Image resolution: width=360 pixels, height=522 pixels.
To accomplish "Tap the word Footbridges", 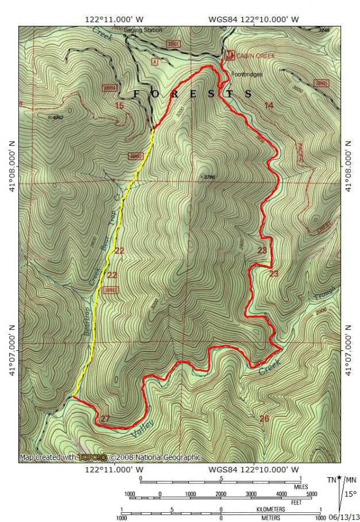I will (247, 75).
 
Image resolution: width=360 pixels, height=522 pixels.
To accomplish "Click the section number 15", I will (119, 105).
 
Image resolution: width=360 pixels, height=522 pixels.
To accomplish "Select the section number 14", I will (269, 105).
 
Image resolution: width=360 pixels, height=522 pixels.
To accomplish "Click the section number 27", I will (105, 419).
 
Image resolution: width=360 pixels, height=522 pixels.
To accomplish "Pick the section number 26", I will (264, 418).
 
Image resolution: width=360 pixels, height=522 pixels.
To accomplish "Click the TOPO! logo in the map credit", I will (93, 458).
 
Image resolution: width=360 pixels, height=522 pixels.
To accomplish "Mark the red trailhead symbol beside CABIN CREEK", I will (230, 55).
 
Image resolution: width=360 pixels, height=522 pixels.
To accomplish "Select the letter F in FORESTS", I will (137, 94).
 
